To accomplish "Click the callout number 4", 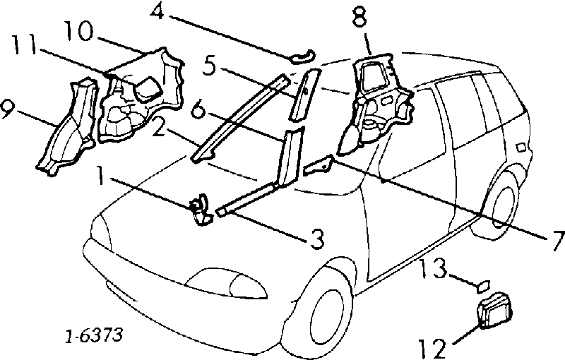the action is (157, 12).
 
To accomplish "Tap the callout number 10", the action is (78, 30).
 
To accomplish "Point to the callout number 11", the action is (24, 44).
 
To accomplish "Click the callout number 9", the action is (7, 110).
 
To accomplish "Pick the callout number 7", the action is (557, 241).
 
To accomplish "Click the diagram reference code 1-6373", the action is (94, 335).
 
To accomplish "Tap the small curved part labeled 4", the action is (302, 57).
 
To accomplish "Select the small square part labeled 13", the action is (484, 286).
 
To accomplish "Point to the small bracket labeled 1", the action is (200, 210).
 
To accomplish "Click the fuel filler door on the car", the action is (521, 148).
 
